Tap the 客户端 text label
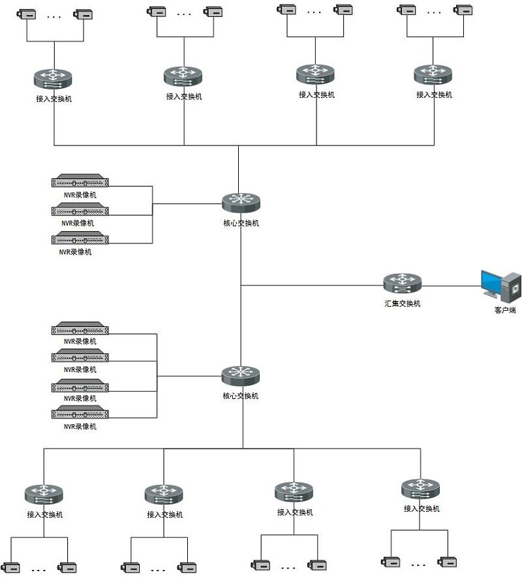505,310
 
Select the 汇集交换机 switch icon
402,283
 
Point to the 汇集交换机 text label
402,304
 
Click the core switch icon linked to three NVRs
241,203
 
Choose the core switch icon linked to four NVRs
241,375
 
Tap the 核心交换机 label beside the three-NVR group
241,223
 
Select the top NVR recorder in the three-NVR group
80,181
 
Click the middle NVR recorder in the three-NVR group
80,210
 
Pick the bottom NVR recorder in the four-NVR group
80,413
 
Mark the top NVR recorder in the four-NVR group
80,328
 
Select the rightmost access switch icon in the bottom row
421,488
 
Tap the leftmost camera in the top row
27,14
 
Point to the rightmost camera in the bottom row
448,561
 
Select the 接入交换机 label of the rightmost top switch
434,95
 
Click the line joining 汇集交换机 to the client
450,285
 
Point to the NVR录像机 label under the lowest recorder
80,426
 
